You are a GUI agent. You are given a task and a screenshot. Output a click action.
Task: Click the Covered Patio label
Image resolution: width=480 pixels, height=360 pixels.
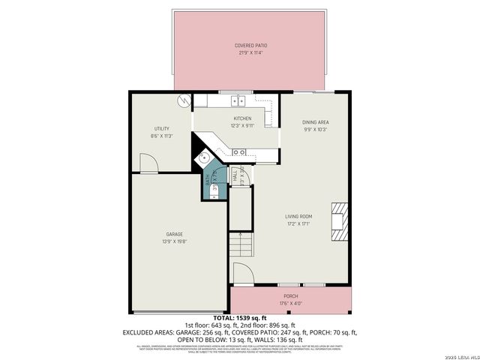click(251, 46)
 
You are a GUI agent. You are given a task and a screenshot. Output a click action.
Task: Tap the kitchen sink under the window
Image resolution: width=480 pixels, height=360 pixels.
click(238, 100)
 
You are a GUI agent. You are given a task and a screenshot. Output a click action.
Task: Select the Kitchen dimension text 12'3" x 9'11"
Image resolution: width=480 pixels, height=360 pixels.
click(241, 126)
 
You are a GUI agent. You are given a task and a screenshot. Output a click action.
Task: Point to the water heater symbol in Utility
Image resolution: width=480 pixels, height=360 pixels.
click(183, 100)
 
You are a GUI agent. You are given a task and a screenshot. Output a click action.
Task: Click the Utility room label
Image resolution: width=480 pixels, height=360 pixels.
click(161, 128)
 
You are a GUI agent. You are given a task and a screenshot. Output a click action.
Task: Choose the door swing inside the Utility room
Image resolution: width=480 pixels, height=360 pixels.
click(148, 163)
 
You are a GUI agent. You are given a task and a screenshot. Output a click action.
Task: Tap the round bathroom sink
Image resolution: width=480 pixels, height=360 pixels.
click(203, 158)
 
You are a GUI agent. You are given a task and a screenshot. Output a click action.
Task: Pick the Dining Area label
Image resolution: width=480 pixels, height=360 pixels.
click(315, 121)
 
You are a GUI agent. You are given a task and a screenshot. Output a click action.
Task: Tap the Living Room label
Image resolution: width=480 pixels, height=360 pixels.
click(298, 216)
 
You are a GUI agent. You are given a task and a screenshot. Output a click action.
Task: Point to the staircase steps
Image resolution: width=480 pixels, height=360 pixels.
click(239, 244)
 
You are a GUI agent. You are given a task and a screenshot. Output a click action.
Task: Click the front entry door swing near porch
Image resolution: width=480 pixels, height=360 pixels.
click(242, 274)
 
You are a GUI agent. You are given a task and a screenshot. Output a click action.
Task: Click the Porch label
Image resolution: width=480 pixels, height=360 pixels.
click(289, 296)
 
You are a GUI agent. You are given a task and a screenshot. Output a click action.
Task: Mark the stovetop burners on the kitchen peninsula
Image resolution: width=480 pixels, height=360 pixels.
click(239, 152)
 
